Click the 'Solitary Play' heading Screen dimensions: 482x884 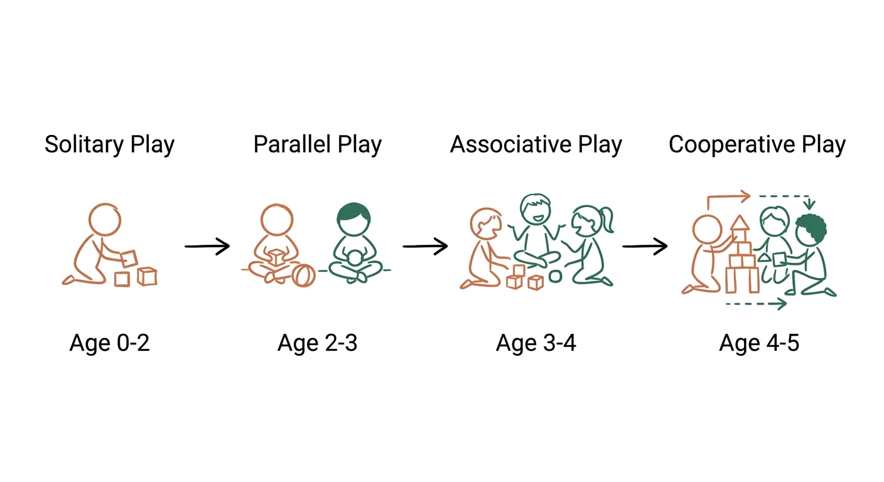click(109, 145)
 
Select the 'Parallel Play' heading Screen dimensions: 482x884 click(317, 145)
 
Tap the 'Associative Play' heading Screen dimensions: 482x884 click(536, 145)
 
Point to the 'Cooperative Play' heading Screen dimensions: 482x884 click(757, 145)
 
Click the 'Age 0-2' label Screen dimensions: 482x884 click(109, 343)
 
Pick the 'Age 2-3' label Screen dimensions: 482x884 click(317, 343)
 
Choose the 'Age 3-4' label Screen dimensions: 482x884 click(536, 343)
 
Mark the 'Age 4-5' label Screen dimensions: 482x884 click(759, 343)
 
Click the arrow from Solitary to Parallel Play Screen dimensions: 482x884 click(207, 247)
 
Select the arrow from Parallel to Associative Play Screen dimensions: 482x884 click(425, 247)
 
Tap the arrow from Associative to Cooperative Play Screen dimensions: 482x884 click(644, 247)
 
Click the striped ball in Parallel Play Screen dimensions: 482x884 click(303, 276)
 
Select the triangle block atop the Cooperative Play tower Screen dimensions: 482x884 click(740, 223)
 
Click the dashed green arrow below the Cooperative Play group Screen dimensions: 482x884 click(756, 304)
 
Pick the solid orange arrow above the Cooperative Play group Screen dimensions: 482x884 click(728, 198)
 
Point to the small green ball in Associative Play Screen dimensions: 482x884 click(555, 276)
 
